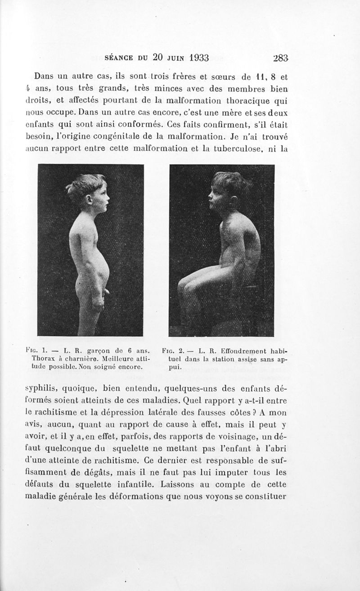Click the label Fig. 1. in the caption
[x=46, y=350]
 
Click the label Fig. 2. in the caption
[x=178, y=350]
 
